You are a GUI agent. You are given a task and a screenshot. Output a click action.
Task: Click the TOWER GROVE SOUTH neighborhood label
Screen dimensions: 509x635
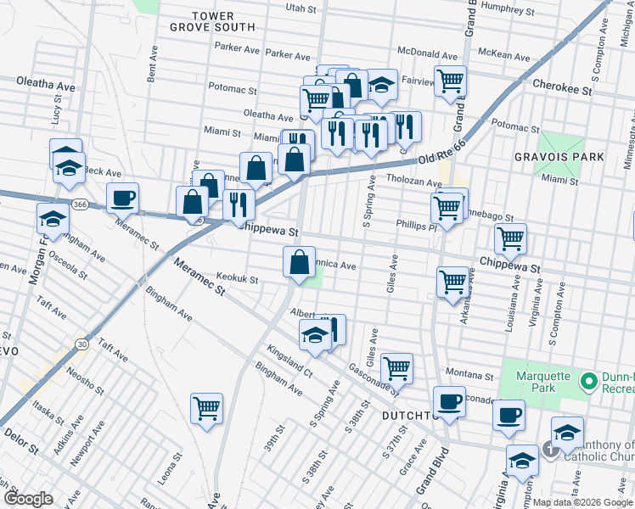[x=223, y=21]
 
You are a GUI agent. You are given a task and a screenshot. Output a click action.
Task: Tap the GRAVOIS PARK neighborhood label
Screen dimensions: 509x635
[x=559, y=157]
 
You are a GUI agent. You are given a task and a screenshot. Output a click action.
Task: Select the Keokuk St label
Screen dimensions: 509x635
[x=237, y=277]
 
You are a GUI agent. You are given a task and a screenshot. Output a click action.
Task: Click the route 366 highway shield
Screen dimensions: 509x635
[x=79, y=204]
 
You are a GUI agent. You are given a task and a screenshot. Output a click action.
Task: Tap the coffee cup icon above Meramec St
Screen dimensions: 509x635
[x=123, y=199]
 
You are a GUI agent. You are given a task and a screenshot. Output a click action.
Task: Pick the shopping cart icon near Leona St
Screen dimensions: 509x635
[x=206, y=409]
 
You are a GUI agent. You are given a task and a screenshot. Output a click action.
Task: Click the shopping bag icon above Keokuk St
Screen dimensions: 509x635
[x=300, y=262]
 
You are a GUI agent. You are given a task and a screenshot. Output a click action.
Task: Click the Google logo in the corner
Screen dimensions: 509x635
[x=28, y=498]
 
